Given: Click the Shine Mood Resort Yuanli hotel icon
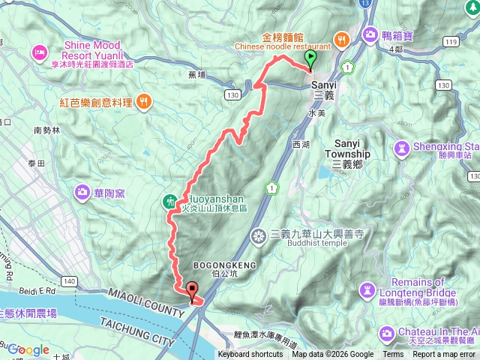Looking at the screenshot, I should pos(38,53).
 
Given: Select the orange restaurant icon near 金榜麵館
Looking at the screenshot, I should pos(341,38).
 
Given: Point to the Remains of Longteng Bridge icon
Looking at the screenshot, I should pos(368,289).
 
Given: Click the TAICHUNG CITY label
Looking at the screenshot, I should pos(140,318).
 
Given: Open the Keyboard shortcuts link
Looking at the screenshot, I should pos(251,355).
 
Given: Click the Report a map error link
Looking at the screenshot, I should pos(445,355).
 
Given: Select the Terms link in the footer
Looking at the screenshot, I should pos(393,355).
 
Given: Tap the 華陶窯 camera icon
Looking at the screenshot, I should pos(81,193).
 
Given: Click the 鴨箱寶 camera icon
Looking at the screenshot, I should pos(370,34).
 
